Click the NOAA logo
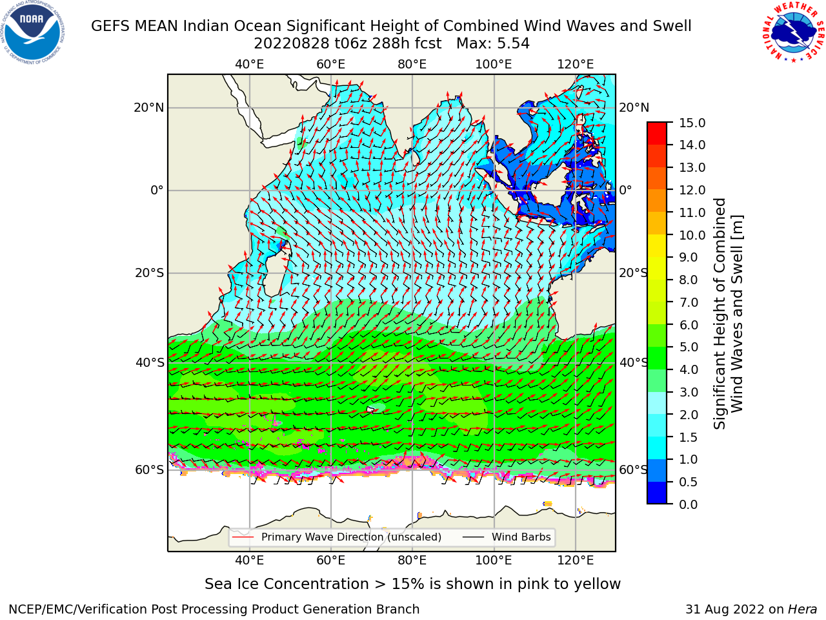click(33, 33)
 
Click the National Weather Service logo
click(794, 32)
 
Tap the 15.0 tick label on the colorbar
click(692, 123)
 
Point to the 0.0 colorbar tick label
click(689, 505)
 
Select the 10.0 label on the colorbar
click(692, 235)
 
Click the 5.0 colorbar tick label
click(689, 347)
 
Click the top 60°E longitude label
click(331, 65)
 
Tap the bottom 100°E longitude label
click(494, 561)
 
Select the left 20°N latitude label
click(149, 108)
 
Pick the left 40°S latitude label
click(150, 363)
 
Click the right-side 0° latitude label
click(625, 190)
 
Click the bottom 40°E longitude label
click(250, 561)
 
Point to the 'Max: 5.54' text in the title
click(493, 44)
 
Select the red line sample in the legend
click(243, 537)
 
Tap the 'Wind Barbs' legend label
click(521, 537)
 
